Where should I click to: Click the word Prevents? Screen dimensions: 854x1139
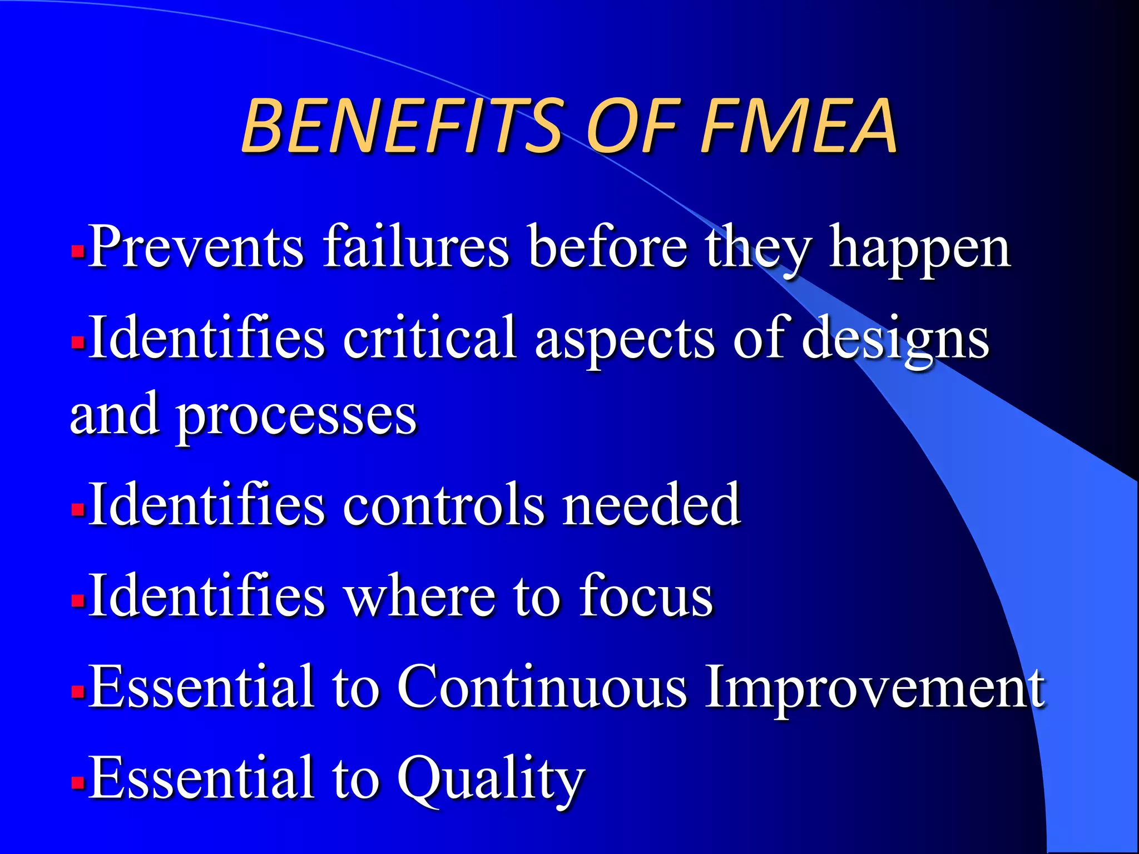pyautogui.click(x=196, y=246)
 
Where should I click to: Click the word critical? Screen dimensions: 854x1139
pyautogui.click(x=429, y=337)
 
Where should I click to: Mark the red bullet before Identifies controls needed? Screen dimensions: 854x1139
pyautogui.click(x=78, y=509)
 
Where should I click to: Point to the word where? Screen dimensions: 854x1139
pyautogui.click(x=420, y=595)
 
